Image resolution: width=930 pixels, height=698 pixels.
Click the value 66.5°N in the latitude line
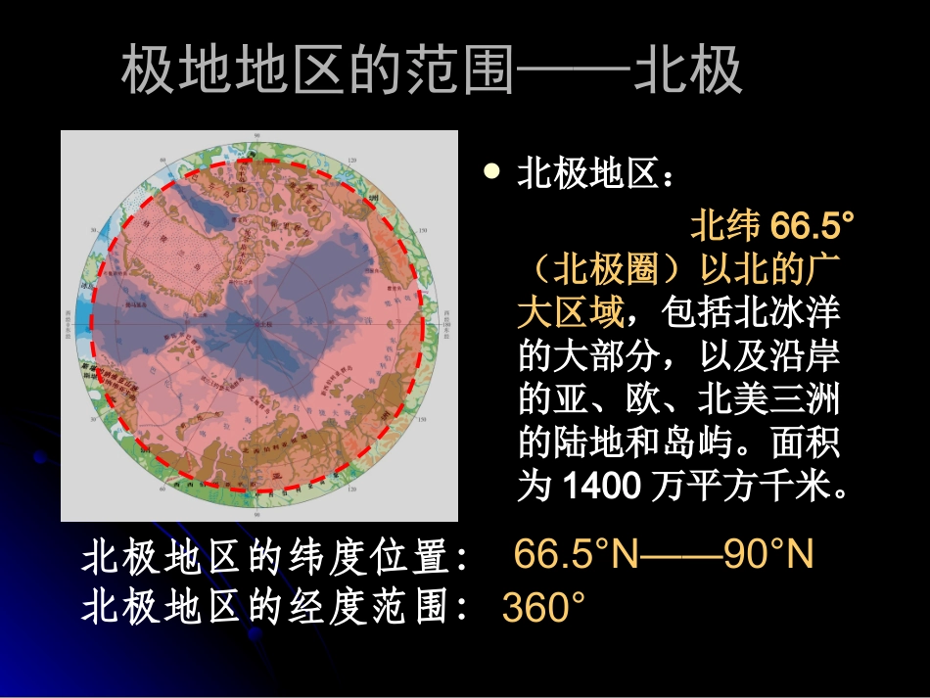[x=576, y=555]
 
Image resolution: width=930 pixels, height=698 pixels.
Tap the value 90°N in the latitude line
[x=768, y=555]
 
